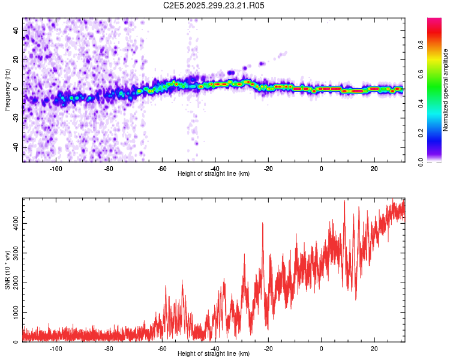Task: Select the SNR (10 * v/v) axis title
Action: tap(7, 271)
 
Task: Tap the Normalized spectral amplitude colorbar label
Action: tap(445, 90)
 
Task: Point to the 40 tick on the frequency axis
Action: tap(14, 31)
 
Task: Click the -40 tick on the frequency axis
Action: tap(13, 147)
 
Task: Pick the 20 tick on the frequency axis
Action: tap(14, 60)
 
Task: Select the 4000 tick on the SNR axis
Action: tap(12, 224)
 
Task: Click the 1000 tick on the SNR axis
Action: tap(12, 313)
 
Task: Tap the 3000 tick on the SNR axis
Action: tap(12, 253)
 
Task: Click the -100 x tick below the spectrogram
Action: tap(56, 168)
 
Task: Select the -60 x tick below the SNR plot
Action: tap(162, 349)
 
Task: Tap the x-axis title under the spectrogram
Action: tap(214, 173)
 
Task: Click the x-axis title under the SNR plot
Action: tap(214, 354)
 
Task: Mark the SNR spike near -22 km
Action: tap(263, 224)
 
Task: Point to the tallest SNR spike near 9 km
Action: tap(344, 202)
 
